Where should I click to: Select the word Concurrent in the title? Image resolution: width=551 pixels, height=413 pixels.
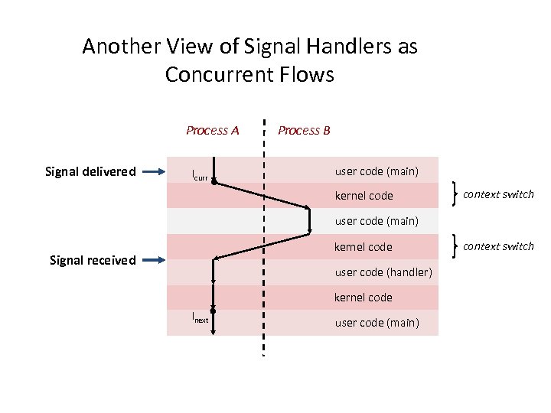pyautogui.click(x=227, y=75)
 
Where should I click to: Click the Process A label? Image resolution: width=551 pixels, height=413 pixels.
pyautogui.click(x=212, y=130)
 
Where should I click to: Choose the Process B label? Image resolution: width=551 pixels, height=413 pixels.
pyautogui.click(x=304, y=130)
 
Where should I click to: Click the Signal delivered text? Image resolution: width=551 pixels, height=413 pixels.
pyautogui.click(x=91, y=171)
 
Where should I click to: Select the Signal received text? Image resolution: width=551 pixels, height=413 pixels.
pyautogui.click(x=93, y=260)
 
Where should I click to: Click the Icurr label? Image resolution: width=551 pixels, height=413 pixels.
pyautogui.click(x=199, y=177)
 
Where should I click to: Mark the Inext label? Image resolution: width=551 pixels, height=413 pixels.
pyautogui.click(x=199, y=317)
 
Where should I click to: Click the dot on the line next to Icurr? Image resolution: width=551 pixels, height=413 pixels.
pyautogui.click(x=214, y=182)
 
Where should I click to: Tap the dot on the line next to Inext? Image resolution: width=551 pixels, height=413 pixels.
pyautogui.click(x=214, y=311)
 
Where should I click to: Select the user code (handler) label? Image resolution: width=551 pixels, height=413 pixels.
pyautogui.click(x=383, y=272)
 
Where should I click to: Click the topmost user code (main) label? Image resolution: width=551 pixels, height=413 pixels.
pyautogui.click(x=377, y=171)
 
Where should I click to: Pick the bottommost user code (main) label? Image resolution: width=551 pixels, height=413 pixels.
pyautogui.click(x=377, y=323)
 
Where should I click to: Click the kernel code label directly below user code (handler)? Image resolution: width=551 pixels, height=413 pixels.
pyautogui.click(x=364, y=298)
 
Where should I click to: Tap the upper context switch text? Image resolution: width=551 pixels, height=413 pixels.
pyautogui.click(x=498, y=194)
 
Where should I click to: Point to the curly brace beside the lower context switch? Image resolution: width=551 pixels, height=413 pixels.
pyautogui.click(x=456, y=246)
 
